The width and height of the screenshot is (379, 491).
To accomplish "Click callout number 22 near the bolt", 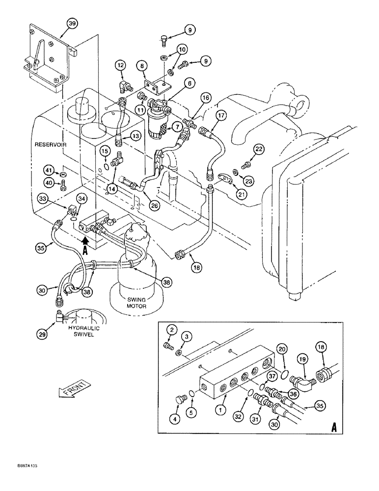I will click(259, 149).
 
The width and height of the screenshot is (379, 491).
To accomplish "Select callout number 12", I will click(121, 65).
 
